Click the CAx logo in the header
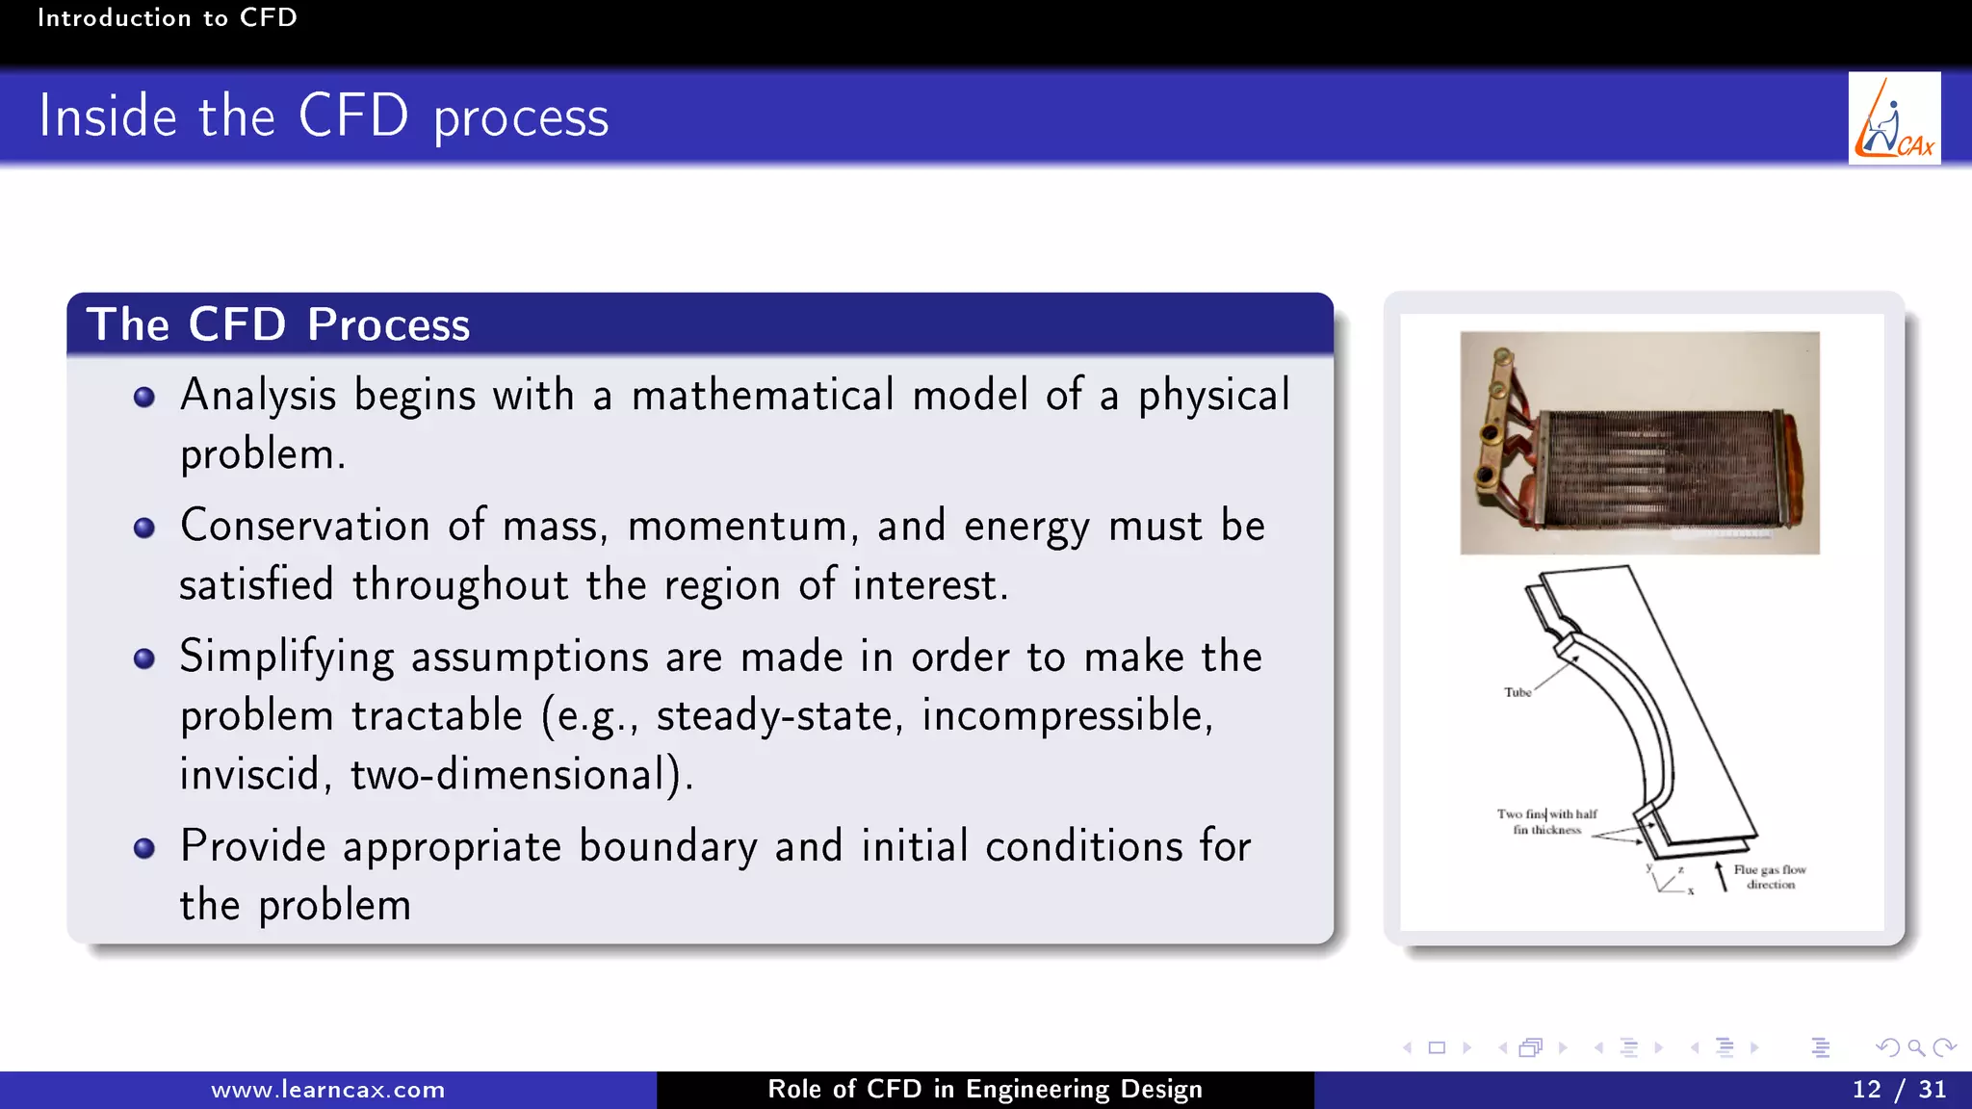(1893, 118)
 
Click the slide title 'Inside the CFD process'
(324, 116)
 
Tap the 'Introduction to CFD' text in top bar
(168, 17)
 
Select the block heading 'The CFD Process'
(278, 324)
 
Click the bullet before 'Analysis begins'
(144, 398)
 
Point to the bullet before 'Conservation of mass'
(144, 528)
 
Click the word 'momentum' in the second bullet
(739, 527)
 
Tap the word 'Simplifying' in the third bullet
(286, 658)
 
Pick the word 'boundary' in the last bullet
(667, 847)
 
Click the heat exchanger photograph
(1639, 443)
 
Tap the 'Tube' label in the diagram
(1518, 692)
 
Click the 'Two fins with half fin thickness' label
(1546, 821)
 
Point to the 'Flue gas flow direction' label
(1770, 876)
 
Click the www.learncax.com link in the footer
(327, 1090)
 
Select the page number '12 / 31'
(1898, 1090)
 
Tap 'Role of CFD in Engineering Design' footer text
(984, 1090)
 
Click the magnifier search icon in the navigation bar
(1915, 1047)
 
